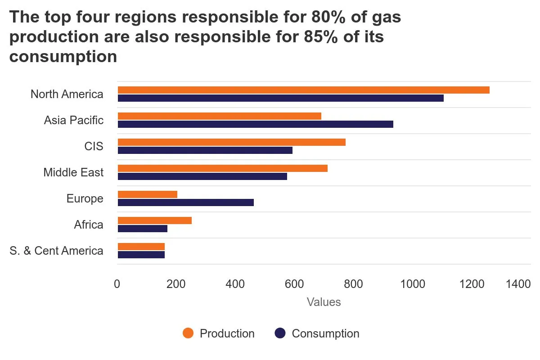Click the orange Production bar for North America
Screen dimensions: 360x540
click(x=303, y=90)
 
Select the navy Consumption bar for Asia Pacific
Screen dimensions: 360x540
click(x=255, y=124)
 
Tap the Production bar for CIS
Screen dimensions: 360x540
click(x=231, y=142)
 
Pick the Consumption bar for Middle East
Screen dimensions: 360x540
click(x=202, y=176)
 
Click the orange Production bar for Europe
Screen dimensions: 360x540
click(x=147, y=194)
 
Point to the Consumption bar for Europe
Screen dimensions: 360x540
click(x=185, y=202)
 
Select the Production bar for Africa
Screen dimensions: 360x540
click(x=154, y=220)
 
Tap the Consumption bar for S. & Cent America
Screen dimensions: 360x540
click(x=141, y=255)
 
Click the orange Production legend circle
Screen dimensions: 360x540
click(x=188, y=333)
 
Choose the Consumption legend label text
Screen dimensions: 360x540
click(x=325, y=333)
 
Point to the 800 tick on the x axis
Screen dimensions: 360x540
click(x=353, y=284)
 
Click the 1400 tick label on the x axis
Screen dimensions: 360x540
click(x=518, y=284)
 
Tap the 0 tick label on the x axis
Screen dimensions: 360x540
click(x=117, y=284)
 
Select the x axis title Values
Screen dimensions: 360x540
click(x=324, y=302)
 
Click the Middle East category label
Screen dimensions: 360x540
click(x=73, y=172)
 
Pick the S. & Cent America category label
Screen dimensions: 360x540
click(x=56, y=251)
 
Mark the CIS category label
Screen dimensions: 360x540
click(x=94, y=146)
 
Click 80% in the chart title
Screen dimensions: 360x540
click(x=328, y=17)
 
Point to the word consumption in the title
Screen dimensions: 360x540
click(x=63, y=57)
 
